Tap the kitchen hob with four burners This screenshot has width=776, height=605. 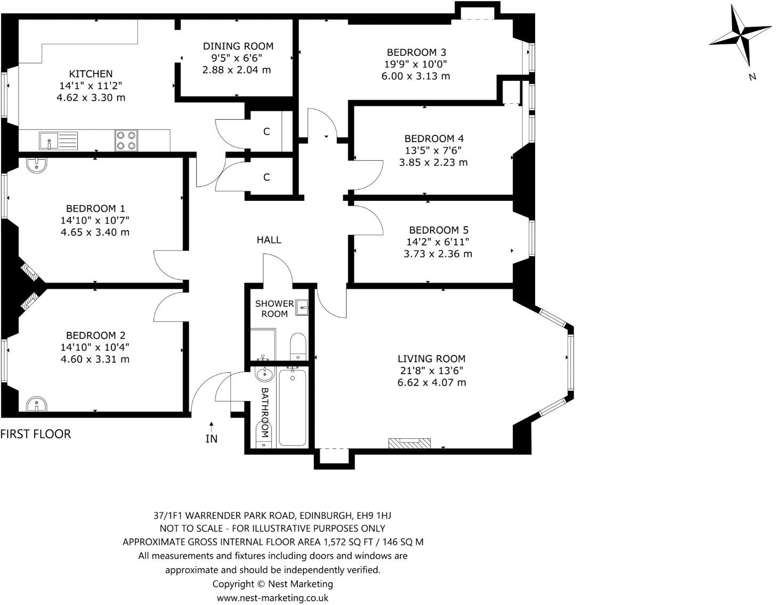(126, 141)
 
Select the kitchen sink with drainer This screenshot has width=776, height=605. (58, 141)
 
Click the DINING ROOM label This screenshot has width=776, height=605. (238, 46)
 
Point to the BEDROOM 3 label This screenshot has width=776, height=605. (416, 52)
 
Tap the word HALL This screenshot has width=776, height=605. (269, 240)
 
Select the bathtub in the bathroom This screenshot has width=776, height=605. (293, 408)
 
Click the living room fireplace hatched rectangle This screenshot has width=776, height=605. (409, 443)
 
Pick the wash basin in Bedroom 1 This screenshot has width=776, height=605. (36, 166)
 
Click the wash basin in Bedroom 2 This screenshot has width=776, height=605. (36, 404)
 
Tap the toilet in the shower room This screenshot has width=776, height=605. (297, 346)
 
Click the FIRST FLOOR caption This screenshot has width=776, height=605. (36, 434)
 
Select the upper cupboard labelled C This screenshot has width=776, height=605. (266, 132)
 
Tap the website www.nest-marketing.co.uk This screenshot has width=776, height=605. (272, 598)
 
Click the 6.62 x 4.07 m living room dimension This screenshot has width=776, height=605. (432, 382)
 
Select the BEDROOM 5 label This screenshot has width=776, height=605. (438, 230)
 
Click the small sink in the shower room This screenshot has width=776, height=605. (303, 306)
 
